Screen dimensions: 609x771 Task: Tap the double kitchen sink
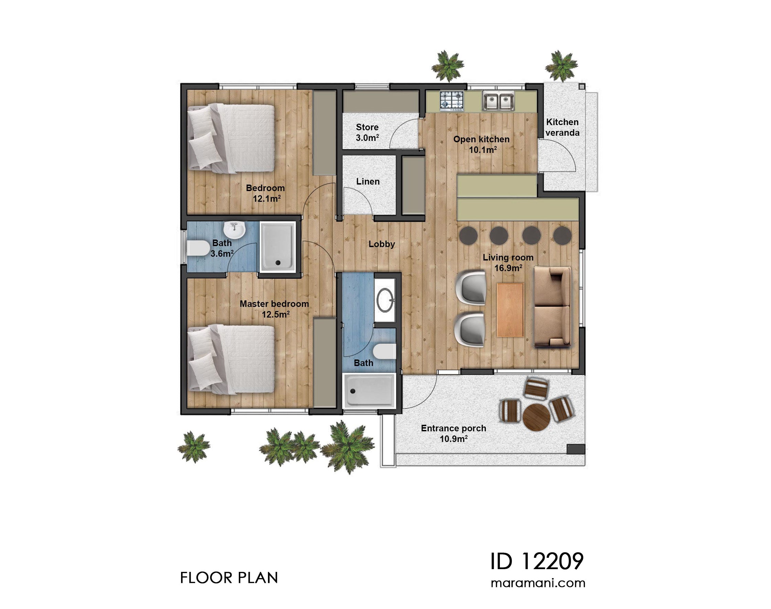(x=498, y=101)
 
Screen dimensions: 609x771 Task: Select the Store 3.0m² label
(x=367, y=133)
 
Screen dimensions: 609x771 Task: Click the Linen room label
(x=368, y=181)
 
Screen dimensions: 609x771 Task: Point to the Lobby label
(x=381, y=244)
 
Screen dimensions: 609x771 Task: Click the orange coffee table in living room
(x=510, y=310)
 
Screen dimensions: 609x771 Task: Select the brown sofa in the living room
(x=552, y=307)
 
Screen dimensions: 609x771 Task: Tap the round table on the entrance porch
(x=536, y=417)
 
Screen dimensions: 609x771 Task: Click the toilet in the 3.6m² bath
(x=198, y=248)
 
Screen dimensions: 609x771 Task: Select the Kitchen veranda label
(x=562, y=127)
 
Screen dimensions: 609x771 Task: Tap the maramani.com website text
(x=537, y=584)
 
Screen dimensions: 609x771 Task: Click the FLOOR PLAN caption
(x=229, y=578)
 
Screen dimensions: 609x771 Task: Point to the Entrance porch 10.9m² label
(x=454, y=434)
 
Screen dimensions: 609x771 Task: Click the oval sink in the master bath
(x=385, y=300)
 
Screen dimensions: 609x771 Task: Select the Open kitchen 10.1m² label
(x=481, y=144)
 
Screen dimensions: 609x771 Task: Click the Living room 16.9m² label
(x=508, y=263)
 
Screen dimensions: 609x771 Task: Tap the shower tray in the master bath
(x=369, y=390)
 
